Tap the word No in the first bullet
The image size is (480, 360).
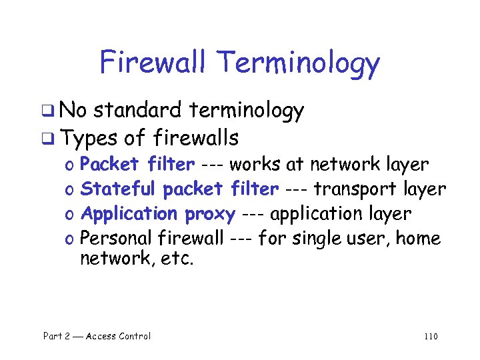click(80, 111)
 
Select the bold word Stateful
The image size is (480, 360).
click(118, 189)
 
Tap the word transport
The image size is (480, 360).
click(357, 189)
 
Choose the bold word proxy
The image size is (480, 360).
click(210, 214)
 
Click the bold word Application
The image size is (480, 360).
click(128, 215)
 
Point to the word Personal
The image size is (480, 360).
click(117, 238)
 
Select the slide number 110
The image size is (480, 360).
click(430, 336)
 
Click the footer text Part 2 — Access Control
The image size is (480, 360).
click(97, 336)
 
